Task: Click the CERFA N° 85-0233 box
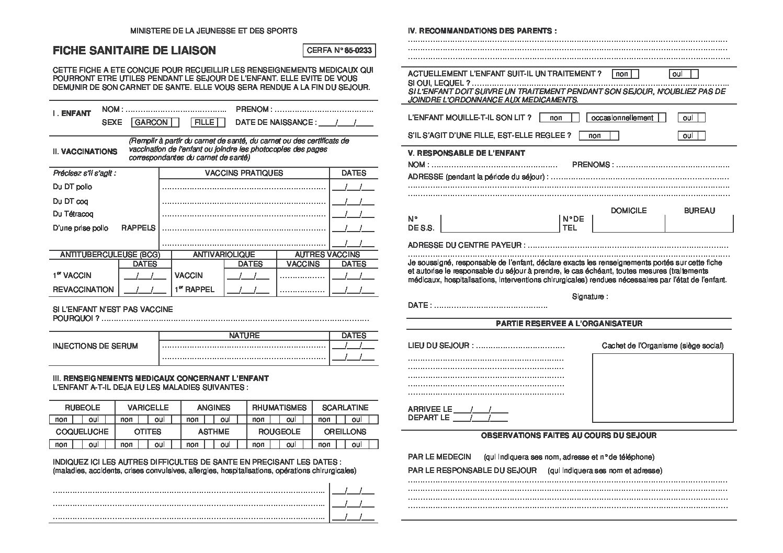pyautogui.click(x=339, y=51)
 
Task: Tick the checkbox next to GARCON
pyautogui.click(x=175, y=122)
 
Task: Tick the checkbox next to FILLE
pyautogui.click(x=221, y=122)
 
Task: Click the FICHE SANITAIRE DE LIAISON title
pyautogui.click(x=134, y=51)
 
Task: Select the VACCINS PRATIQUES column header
pyautogui.click(x=244, y=173)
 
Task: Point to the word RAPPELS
pyautogui.click(x=138, y=228)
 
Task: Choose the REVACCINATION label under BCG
pyautogui.click(x=83, y=290)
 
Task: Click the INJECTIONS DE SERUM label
pyautogui.click(x=95, y=346)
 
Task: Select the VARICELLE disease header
pyautogui.click(x=148, y=408)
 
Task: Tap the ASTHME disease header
pyautogui.click(x=213, y=432)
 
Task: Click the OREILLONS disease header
pyautogui.click(x=345, y=432)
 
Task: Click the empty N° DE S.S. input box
pyautogui.click(x=500, y=223)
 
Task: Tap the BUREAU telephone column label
pyautogui.click(x=699, y=211)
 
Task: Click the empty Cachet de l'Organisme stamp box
pyautogui.click(x=662, y=387)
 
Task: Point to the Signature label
pyautogui.click(x=589, y=297)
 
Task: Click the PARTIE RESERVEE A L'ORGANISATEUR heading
pyautogui.click(x=569, y=324)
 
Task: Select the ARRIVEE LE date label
pyautogui.click(x=429, y=409)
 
